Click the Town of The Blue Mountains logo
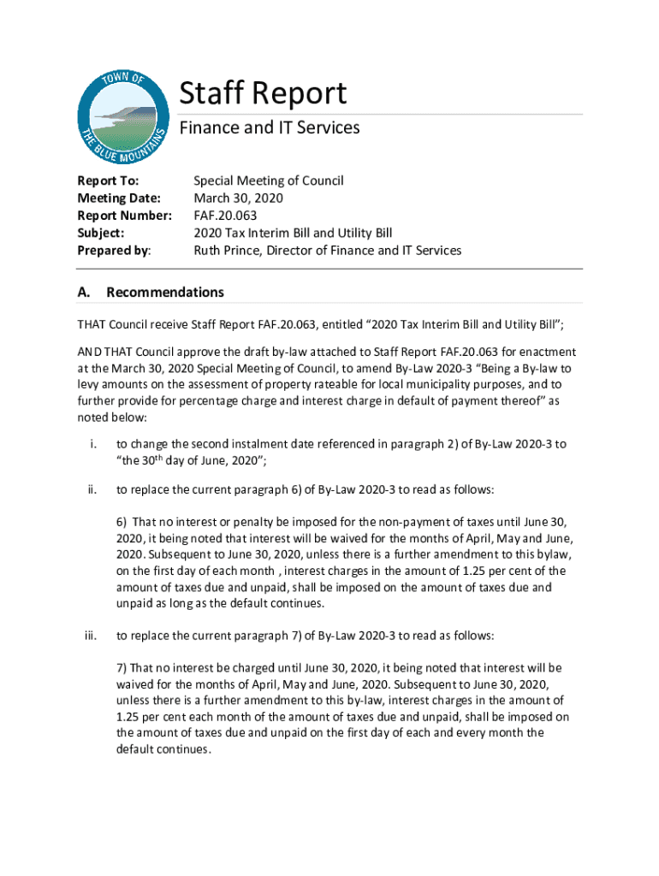coord(122,116)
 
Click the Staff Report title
coord(263,93)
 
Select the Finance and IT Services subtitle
coord(269,128)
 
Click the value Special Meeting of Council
coord(268,181)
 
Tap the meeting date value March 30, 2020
coord(238,198)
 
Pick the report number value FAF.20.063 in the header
coord(225,216)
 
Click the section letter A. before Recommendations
coord(84,293)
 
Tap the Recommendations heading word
coord(165,293)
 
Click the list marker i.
coord(91,444)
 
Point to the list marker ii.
coord(91,490)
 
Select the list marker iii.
coord(90,636)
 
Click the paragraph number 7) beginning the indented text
coord(122,667)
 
